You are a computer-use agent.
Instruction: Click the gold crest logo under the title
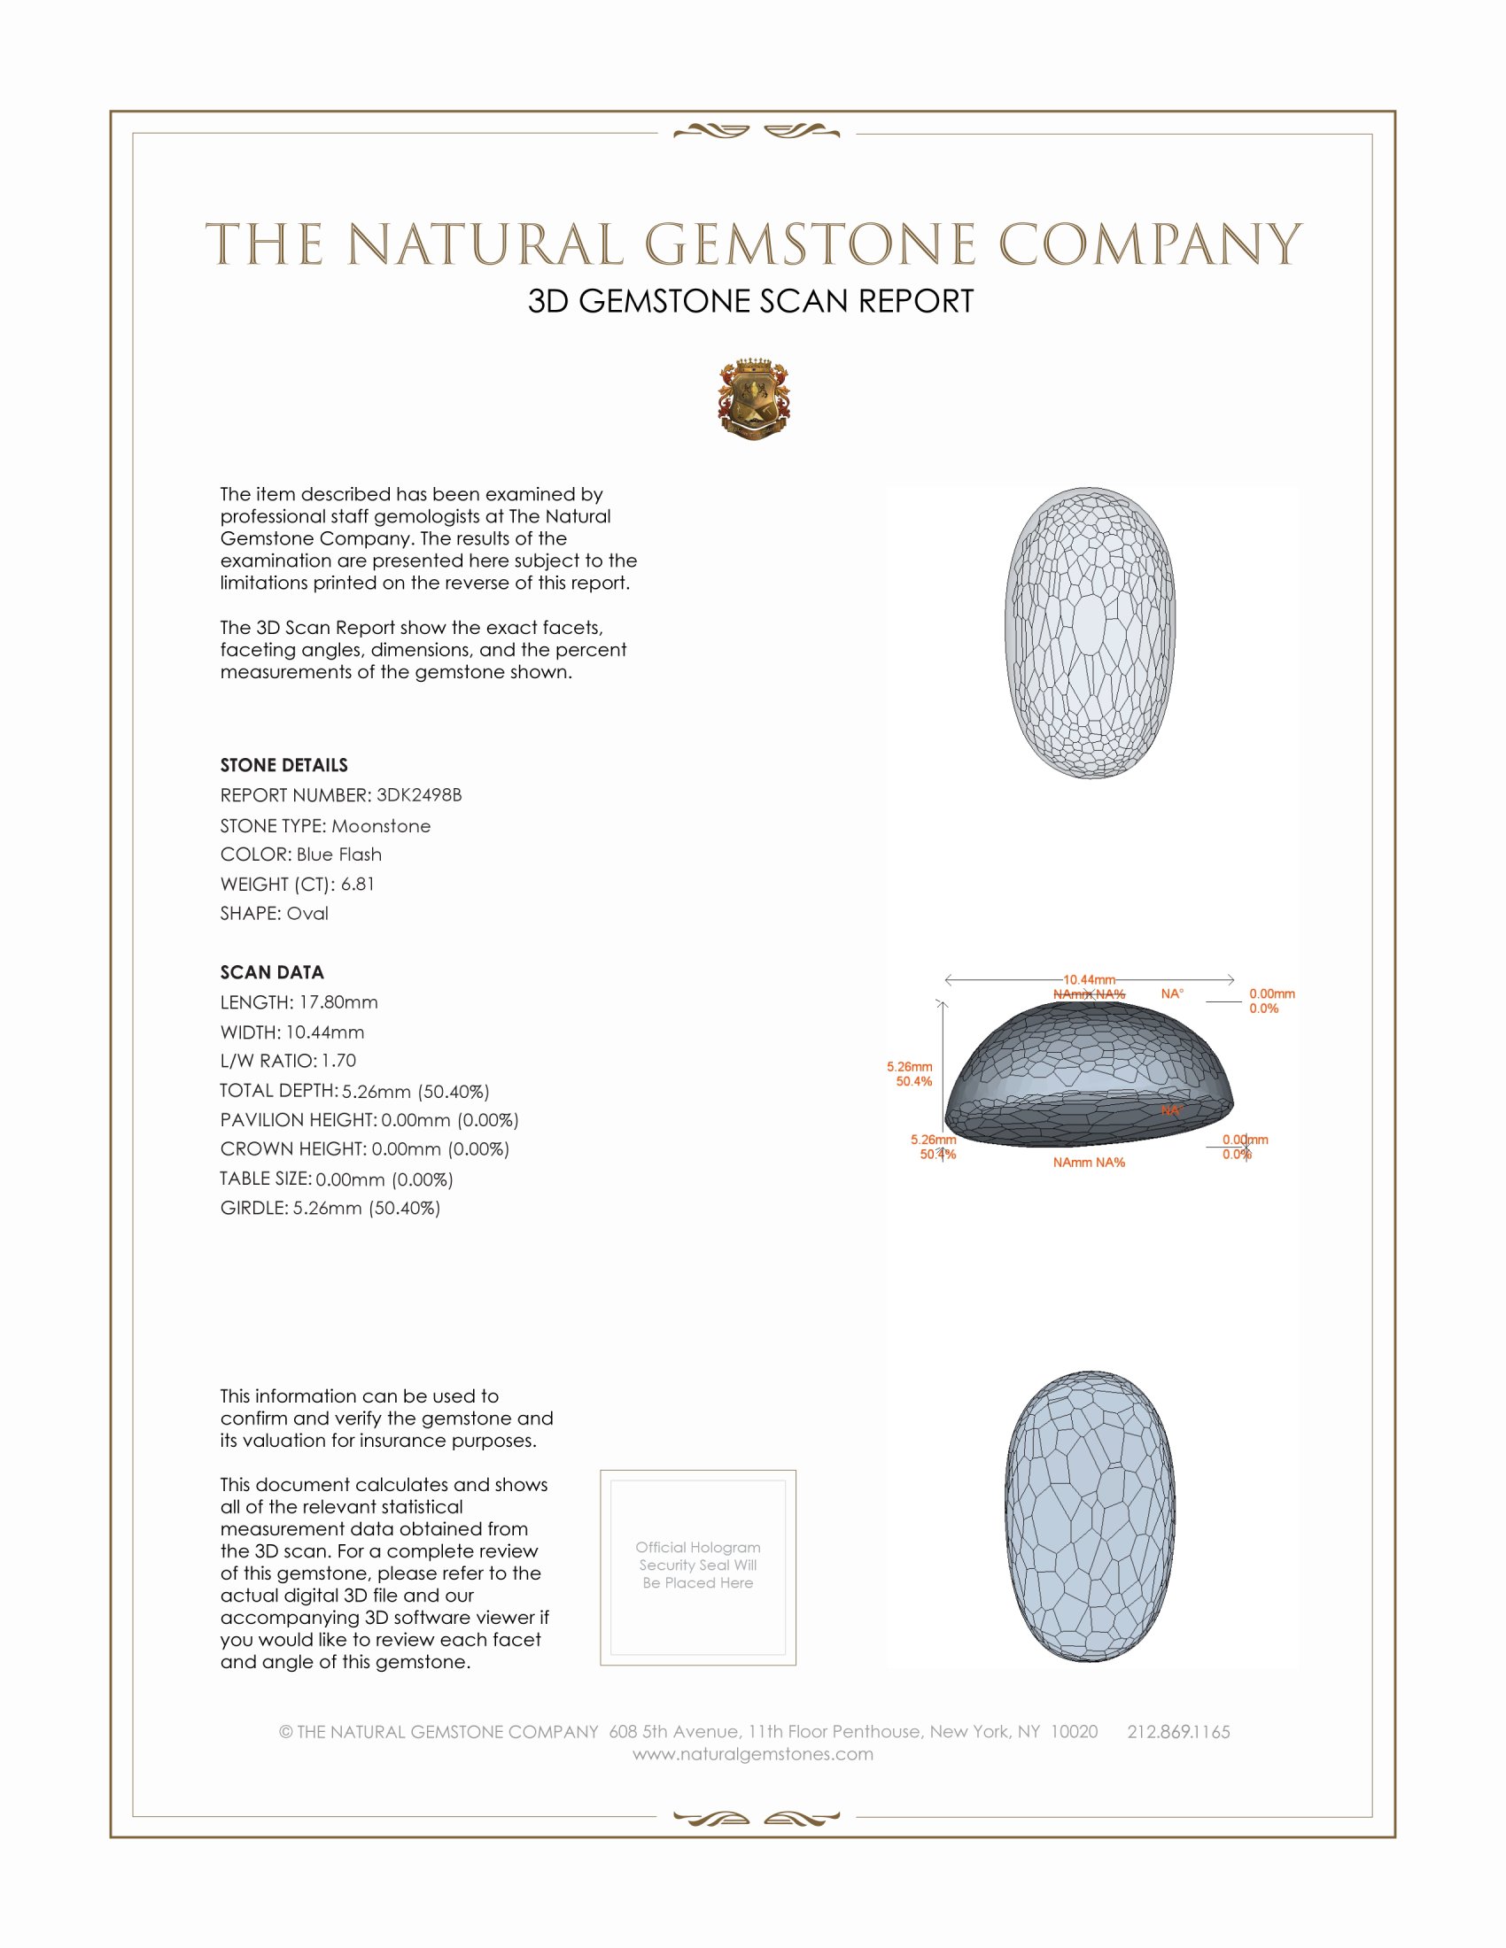click(754, 398)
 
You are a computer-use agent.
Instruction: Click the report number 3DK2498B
click(418, 795)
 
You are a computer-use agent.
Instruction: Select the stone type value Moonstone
click(381, 826)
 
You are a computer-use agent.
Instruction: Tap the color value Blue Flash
click(339, 854)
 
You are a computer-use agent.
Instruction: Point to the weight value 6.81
click(358, 884)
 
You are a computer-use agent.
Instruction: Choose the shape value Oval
click(307, 914)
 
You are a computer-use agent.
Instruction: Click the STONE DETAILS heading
click(283, 765)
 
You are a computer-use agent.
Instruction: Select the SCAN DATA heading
click(272, 972)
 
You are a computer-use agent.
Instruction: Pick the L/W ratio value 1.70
click(339, 1061)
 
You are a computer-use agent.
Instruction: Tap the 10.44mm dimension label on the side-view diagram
click(1089, 979)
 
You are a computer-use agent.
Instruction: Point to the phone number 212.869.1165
click(1178, 1731)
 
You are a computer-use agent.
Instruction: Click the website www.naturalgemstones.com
click(753, 1754)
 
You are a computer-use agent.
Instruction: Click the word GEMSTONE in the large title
click(810, 244)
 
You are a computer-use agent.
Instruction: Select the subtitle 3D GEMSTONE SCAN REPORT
click(750, 301)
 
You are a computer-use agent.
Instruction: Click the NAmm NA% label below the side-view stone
click(1089, 1163)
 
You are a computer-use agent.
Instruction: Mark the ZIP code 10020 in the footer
click(1075, 1731)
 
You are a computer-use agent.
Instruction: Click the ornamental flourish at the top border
click(756, 132)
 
